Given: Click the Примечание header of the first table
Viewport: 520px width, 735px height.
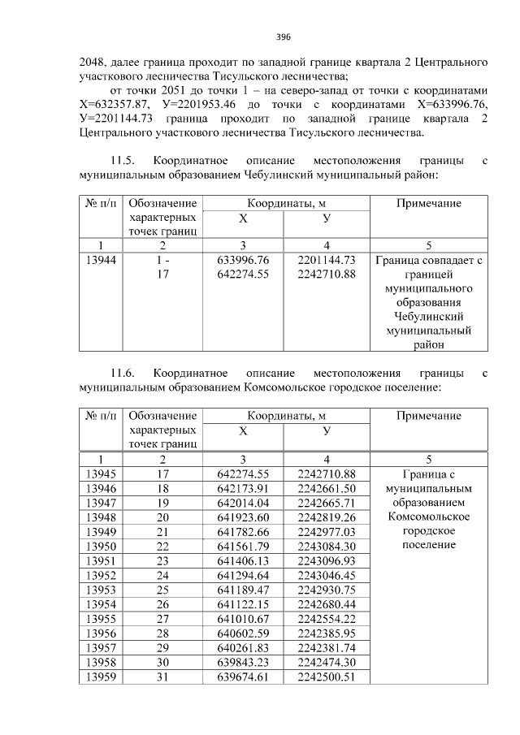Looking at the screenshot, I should [x=428, y=203].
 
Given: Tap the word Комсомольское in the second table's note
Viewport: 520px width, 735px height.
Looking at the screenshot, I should [x=428, y=517].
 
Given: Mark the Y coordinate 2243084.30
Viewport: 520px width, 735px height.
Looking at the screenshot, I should [x=327, y=546].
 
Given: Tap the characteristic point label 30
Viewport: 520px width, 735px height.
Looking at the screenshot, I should [x=162, y=663].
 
